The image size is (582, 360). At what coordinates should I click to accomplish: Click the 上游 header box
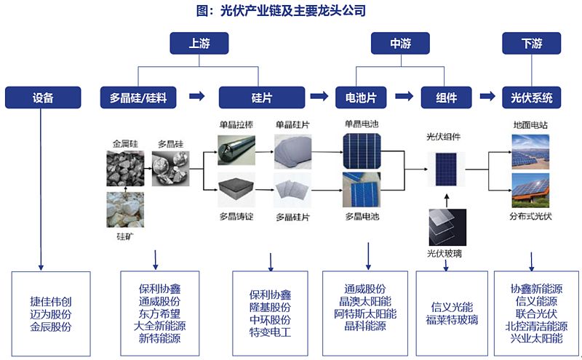[x=199, y=44]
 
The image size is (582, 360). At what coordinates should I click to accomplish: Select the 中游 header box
[x=400, y=44]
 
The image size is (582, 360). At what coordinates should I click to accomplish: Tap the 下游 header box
[x=532, y=44]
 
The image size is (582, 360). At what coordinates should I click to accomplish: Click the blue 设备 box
[x=42, y=97]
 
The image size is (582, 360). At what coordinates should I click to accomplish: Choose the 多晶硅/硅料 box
[x=138, y=97]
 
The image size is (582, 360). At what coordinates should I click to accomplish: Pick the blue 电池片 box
[x=356, y=97]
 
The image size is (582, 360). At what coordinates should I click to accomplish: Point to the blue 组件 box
[x=447, y=97]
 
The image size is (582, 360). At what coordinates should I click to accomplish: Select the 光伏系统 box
[x=532, y=97]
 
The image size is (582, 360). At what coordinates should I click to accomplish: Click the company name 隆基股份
[x=270, y=308]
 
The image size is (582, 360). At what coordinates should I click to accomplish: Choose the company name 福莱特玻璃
[x=452, y=320]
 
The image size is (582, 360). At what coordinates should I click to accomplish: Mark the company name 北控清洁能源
[x=536, y=327]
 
